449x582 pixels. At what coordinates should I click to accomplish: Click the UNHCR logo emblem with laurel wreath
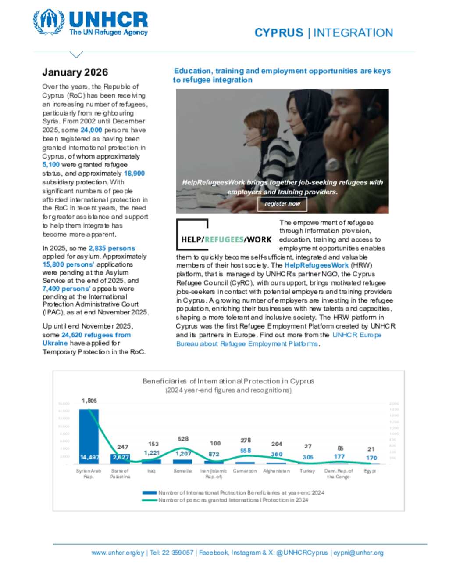pyautogui.click(x=49, y=22)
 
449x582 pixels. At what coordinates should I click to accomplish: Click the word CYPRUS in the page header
pyautogui.click(x=279, y=33)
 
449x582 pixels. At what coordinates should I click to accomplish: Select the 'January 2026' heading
pyautogui.click(x=75, y=72)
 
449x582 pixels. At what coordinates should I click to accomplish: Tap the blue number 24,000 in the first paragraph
pyautogui.click(x=91, y=130)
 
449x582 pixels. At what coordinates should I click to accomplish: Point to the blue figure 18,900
pyautogui.click(x=134, y=174)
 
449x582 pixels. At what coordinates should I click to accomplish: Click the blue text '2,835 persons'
pyautogui.click(x=112, y=248)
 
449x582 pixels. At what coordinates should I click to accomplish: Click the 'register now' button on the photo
pyautogui.click(x=282, y=204)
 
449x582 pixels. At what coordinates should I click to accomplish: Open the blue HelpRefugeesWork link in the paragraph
pyautogui.click(x=316, y=265)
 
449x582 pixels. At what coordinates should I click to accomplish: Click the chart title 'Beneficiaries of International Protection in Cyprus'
pyautogui.click(x=228, y=381)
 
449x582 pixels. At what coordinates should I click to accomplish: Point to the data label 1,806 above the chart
pyautogui.click(x=89, y=401)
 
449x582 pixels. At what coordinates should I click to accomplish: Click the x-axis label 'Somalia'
pyautogui.click(x=182, y=471)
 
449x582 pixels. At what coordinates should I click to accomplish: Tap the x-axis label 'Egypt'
pyautogui.click(x=370, y=471)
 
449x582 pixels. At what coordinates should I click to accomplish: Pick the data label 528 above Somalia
pyautogui.click(x=183, y=439)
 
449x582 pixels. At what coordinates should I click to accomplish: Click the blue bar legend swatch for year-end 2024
pyautogui.click(x=150, y=493)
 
